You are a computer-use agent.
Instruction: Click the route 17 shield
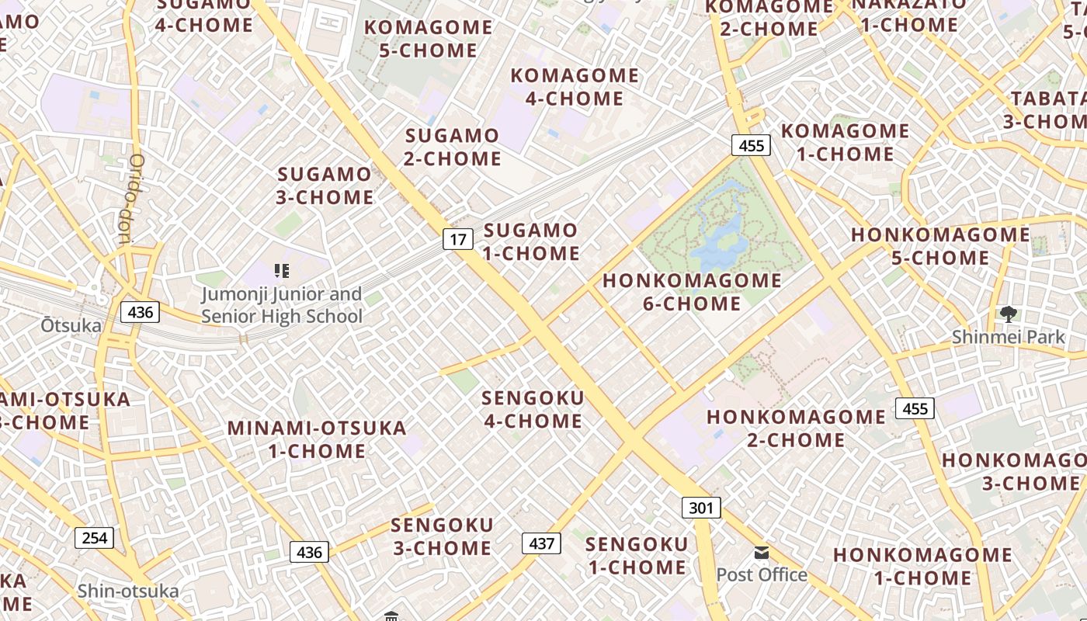click(458, 239)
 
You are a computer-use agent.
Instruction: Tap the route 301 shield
click(701, 508)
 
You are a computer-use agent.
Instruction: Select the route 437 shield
click(541, 543)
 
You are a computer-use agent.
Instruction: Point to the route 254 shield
click(95, 538)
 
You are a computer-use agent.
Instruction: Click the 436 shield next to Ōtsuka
click(140, 312)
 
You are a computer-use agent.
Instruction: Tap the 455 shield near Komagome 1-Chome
click(751, 145)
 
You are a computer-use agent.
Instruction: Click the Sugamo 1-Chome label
click(531, 241)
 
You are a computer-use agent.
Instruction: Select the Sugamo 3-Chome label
click(325, 186)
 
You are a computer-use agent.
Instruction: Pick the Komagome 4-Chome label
click(575, 87)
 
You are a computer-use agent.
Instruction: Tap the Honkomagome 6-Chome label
click(692, 292)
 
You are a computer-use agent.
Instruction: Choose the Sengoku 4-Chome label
click(533, 409)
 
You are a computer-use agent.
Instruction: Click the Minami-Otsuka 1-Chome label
click(317, 439)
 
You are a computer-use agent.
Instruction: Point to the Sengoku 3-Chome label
click(442, 536)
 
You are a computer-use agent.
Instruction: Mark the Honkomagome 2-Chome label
click(796, 428)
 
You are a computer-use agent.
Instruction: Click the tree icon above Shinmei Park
click(1009, 314)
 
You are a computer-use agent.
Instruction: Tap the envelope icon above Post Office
click(762, 553)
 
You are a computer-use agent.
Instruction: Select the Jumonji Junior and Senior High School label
click(282, 305)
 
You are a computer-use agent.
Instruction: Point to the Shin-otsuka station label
click(128, 592)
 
